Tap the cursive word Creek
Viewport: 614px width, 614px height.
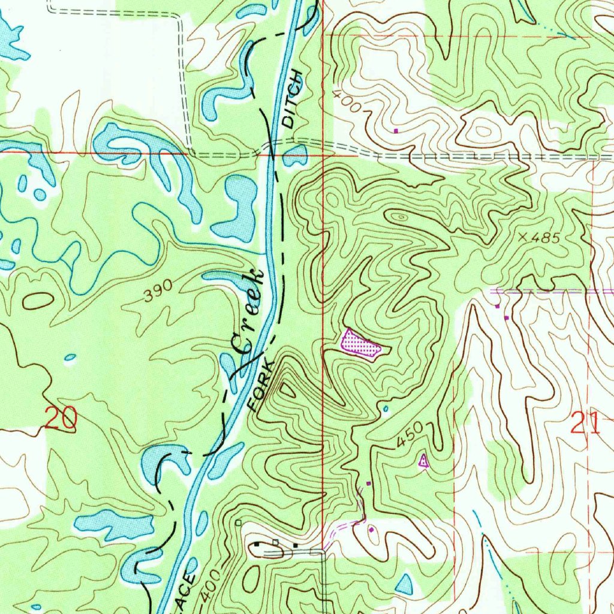tap(246, 312)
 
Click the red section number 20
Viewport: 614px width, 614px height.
tap(61, 417)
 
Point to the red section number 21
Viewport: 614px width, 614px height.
tap(585, 425)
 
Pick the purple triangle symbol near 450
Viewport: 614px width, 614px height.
tap(423, 461)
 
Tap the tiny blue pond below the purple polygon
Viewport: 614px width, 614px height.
tap(385, 410)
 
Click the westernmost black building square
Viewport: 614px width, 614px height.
tap(258, 544)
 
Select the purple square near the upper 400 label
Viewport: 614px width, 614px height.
tap(396, 130)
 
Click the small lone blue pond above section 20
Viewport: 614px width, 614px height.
tap(70, 358)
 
